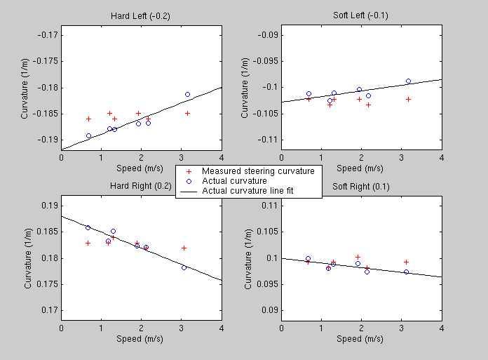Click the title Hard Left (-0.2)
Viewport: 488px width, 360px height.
[141, 15]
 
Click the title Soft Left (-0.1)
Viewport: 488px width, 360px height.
[361, 15]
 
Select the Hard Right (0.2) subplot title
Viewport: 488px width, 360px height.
[141, 186]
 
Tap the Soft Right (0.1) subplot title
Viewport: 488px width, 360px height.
[361, 186]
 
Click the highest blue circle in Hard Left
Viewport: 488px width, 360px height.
[187, 94]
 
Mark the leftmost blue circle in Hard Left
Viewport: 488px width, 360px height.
[88, 135]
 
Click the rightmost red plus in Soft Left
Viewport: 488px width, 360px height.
[408, 99]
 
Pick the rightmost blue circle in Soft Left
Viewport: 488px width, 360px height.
[408, 81]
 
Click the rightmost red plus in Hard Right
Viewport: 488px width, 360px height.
[184, 248]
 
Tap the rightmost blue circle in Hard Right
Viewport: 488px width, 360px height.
[184, 267]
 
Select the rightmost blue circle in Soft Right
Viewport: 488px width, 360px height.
[406, 272]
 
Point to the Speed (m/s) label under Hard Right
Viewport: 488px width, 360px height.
[141, 339]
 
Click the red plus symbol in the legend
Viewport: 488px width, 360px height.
[187, 171]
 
